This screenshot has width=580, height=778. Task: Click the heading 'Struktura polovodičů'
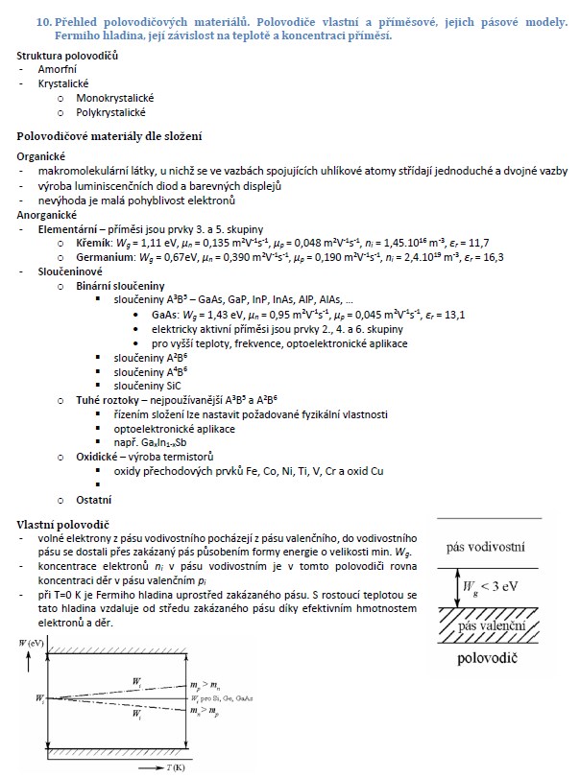67,57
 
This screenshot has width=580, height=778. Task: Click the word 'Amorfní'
58,70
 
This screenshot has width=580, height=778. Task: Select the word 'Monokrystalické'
115,98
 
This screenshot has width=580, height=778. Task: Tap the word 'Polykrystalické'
111,112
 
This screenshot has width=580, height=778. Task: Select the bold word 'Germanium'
106,257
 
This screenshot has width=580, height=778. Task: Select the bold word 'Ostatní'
94,500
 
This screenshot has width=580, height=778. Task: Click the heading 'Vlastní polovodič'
62,524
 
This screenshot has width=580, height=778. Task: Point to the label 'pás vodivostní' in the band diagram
485,548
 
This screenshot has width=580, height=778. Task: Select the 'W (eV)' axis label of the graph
33,641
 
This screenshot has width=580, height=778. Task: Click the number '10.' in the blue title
44,20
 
